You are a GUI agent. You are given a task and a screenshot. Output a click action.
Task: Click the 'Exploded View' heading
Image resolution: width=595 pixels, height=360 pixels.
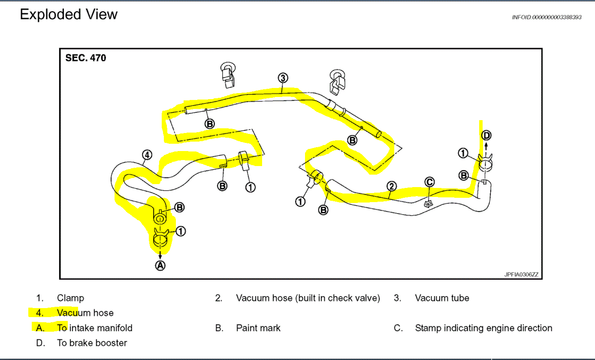[x=69, y=15]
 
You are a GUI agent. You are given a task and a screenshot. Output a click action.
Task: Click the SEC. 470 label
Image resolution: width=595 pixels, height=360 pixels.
[x=85, y=57]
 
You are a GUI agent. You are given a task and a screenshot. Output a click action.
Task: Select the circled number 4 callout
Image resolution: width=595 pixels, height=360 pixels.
[x=146, y=154]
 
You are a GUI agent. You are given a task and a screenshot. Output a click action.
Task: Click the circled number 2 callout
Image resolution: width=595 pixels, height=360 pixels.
[x=391, y=186]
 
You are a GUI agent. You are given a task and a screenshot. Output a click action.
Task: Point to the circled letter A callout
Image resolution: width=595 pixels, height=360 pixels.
[x=160, y=266]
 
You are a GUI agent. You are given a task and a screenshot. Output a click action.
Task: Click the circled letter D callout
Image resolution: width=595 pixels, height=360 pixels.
[x=486, y=136]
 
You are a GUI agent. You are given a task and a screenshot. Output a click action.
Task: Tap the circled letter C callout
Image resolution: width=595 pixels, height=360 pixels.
[x=429, y=182]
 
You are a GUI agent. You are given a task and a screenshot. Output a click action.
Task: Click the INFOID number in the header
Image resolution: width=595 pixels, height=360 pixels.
[x=547, y=17]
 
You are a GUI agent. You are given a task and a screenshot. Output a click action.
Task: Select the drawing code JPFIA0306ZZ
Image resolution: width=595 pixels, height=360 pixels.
[x=521, y=274]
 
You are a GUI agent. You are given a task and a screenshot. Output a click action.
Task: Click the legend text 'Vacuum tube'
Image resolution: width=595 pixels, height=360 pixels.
[x=442, y=298]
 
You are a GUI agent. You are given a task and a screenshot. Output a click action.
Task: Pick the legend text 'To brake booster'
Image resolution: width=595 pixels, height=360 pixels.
[x=92, y=343]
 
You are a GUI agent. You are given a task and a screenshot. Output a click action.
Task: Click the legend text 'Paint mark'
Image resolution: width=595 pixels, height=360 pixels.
[x=258, y=328]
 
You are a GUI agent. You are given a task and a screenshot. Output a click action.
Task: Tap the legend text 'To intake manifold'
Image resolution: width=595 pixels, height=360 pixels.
[x=95, y=328]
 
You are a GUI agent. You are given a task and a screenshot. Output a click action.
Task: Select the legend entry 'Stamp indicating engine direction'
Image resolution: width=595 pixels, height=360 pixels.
[x=483, y=328]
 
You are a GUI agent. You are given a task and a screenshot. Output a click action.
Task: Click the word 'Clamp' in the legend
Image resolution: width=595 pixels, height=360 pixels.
[x=70, y=298]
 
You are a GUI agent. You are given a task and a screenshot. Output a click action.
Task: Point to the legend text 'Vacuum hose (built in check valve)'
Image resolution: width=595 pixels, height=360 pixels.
[x=308, y=298]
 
